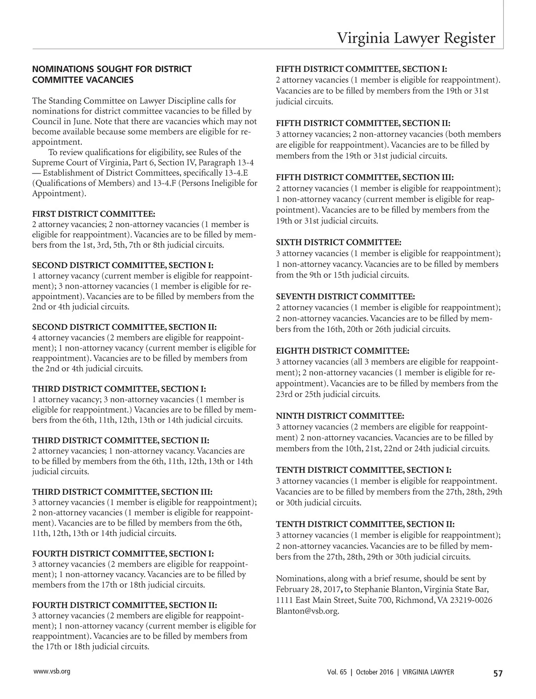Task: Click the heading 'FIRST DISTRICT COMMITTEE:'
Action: [x=94, y=214]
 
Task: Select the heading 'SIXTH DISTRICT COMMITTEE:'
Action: [x=339, y=242]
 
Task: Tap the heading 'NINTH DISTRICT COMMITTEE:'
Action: [x=340, y=416]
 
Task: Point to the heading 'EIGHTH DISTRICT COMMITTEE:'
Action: [x=343, y=351]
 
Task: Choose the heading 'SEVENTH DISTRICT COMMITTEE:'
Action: [x=345, y=297]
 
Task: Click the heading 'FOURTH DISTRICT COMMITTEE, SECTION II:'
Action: [x=125, y=605]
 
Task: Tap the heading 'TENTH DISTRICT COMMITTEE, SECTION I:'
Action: [x=364, y=470]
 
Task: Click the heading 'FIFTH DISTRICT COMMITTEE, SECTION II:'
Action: [x=363, y=123]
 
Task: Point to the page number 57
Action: [x=498, y=674]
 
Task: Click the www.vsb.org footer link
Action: [x=51, y=672]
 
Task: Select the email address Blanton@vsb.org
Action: [x=307, y=611]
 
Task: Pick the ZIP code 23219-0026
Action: [x=467, y=600]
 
